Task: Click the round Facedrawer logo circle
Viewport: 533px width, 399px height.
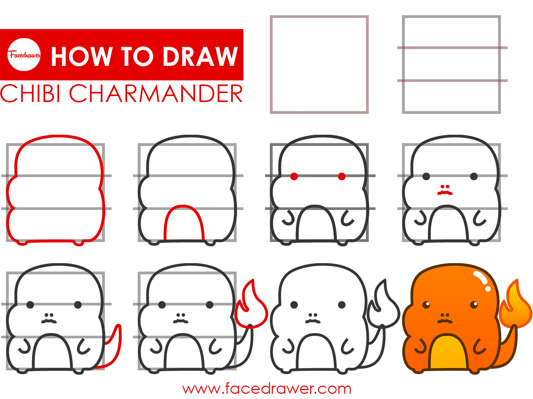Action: click(x=24, y=55)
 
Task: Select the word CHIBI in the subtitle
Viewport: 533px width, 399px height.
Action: click(x=30, y=93)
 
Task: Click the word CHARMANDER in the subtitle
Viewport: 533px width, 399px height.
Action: click(x=156, y=93)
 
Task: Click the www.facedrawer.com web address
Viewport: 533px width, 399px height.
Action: click(x=266, y=389)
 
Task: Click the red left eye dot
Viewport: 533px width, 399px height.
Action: click(x=294, y=176)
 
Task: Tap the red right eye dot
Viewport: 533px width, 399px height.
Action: click(x=341, y=176)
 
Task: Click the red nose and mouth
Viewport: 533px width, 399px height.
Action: click(x=445, y=190)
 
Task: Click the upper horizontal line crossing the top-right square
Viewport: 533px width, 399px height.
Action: click(x=452, y=48)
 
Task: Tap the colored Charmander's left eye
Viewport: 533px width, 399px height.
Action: click(x=426, y=304)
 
